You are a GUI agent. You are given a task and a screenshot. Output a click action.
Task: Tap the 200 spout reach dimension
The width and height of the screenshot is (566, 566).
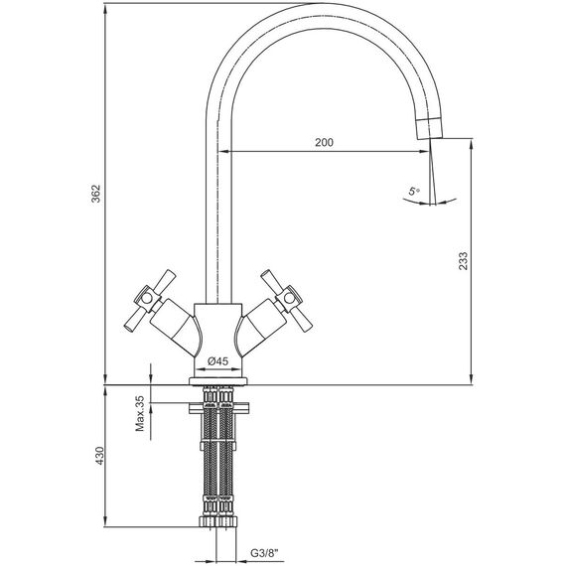(x=324, y=142)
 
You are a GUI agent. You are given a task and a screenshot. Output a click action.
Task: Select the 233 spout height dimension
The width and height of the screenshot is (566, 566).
(x=463, y=260)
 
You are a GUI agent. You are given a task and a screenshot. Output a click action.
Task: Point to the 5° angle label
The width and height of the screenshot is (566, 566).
(x=414, y=191)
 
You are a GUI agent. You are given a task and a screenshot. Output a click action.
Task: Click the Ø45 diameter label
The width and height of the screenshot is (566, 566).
(x=218, y=361)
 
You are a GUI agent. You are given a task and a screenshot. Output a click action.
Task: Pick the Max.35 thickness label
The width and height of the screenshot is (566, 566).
(x=139, y=414)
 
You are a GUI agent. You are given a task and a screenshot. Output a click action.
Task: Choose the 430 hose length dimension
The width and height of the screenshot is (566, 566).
(x=99, y=456)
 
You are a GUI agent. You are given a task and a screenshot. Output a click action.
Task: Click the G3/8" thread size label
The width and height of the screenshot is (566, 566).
(x=265, y=553)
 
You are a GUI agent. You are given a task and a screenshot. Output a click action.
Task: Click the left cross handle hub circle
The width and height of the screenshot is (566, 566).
(x=147, y=298)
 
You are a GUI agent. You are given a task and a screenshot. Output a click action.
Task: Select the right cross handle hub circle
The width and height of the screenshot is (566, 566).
(x=289, y=298)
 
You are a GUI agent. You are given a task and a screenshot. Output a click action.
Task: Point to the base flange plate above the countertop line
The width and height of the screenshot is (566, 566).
(x=218, y=381)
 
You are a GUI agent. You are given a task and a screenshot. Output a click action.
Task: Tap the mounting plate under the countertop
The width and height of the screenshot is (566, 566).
(x=218, y=408)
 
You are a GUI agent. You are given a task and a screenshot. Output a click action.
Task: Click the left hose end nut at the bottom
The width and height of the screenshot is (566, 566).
(x=209, y=521)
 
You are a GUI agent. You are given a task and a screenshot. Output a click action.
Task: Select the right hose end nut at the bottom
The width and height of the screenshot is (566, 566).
(x=227, y=521)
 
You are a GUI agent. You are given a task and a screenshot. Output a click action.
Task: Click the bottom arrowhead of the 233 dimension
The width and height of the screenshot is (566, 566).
(x=471, y=378)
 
